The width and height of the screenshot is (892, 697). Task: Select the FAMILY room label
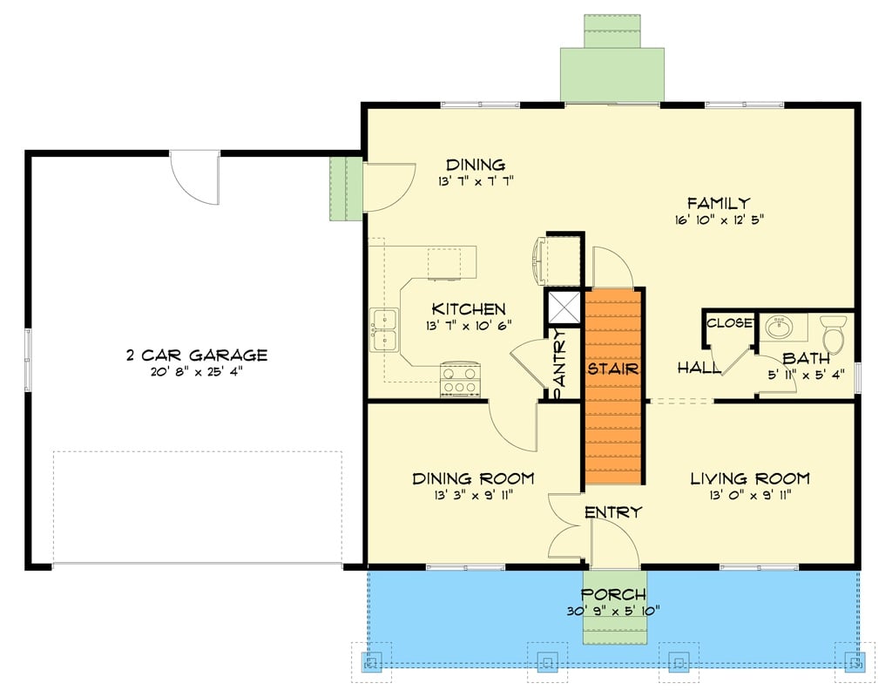pos(718,203)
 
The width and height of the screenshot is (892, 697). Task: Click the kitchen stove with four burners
pos(461,379)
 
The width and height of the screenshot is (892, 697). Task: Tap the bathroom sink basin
pos(778,328)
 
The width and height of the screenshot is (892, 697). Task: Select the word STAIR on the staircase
pos(613,369)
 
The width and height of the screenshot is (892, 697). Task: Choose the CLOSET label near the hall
pos(729,323)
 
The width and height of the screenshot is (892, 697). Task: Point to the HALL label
pos(699,369)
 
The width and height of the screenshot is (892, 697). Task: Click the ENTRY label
pos(613,512)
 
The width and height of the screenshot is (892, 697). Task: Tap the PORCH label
pos(615,594)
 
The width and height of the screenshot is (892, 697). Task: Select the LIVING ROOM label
pos(750,478)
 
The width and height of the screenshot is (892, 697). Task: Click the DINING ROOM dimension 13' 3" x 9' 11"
pos(473,496)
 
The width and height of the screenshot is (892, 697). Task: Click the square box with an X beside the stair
pos(563,306)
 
